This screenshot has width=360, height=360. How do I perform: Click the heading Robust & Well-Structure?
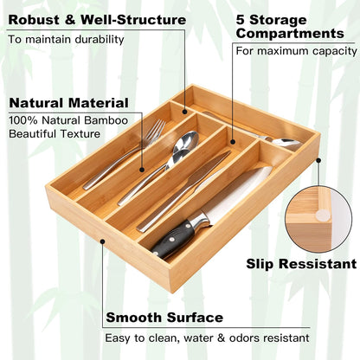click(96, 18)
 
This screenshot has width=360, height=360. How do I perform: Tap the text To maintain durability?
click(66, 39)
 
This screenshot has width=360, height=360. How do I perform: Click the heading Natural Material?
click(68, 102)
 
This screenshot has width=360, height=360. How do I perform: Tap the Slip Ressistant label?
click(300, 263)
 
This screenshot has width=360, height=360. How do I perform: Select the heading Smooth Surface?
click(164, 317)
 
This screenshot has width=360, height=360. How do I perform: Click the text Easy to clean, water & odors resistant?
click(208, 338)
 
